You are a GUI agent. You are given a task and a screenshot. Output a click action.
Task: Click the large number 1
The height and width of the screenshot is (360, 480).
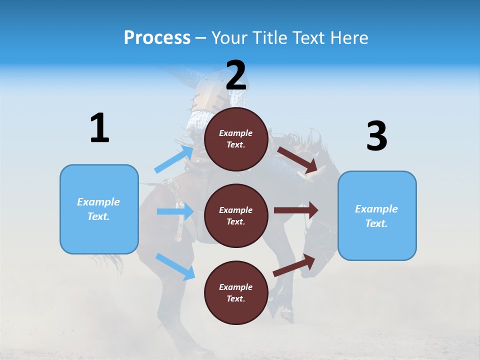[x=99, y=128]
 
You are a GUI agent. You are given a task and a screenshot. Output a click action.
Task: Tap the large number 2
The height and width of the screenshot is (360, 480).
[x=236, y=75]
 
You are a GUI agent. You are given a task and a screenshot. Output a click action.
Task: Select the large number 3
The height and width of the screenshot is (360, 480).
[x=376, y=136]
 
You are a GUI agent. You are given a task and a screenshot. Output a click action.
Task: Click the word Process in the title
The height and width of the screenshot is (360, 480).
[x=157, y=37]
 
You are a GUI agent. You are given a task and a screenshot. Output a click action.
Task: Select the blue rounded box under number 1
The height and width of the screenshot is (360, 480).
[x=99, y=209]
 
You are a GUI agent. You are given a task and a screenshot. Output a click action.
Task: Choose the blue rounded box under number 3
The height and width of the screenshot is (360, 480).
[x=377, y=215]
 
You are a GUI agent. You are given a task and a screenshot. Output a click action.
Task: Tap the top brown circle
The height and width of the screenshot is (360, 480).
[x=236, y=139]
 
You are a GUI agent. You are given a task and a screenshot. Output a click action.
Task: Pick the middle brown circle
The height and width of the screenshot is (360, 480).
[x=236, y=215]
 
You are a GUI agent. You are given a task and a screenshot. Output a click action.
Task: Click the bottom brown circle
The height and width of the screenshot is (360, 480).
[x=236, y=292]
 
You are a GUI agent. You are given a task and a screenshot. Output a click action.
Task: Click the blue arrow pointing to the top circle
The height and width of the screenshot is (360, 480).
[x=174, y=159]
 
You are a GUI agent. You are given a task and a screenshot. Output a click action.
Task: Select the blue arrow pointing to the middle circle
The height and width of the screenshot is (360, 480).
[x=175, y=211]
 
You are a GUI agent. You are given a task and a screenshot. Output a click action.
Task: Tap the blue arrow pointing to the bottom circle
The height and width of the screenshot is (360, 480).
[x=175, y=266]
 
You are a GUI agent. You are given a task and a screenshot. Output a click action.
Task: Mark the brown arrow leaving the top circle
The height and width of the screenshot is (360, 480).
[x=297, y=159]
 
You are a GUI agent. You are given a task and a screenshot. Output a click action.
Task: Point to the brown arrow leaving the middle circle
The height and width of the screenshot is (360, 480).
[x=296, y=210]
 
